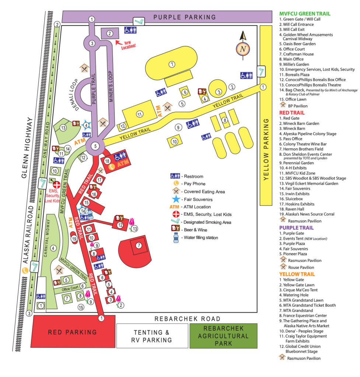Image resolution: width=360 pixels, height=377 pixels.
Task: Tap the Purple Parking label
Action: coord(184,17)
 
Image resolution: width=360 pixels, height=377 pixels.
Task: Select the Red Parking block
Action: coord(73,332)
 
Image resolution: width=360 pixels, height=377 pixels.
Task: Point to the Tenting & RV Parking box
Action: coord(153,336)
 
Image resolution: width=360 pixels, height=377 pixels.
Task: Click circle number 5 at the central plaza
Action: coord(95,146)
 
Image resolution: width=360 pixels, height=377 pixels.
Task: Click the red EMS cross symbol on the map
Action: coord(57,185)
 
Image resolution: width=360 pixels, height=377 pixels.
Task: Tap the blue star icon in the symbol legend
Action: coord(176,199)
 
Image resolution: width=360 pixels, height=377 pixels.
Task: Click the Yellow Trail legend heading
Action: coord(297,274)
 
